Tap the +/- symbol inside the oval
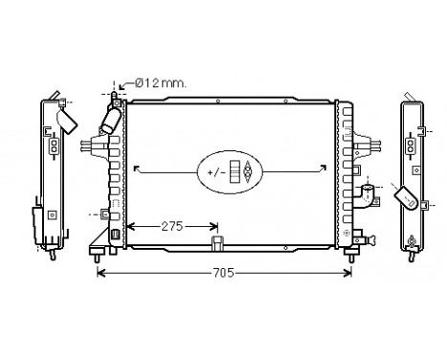(215, 171)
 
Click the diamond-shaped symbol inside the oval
(249, 171)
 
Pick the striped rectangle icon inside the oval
(235, 171)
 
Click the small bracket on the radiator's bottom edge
(218, 242)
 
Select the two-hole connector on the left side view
(54, 146)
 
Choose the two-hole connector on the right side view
(412, 146)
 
